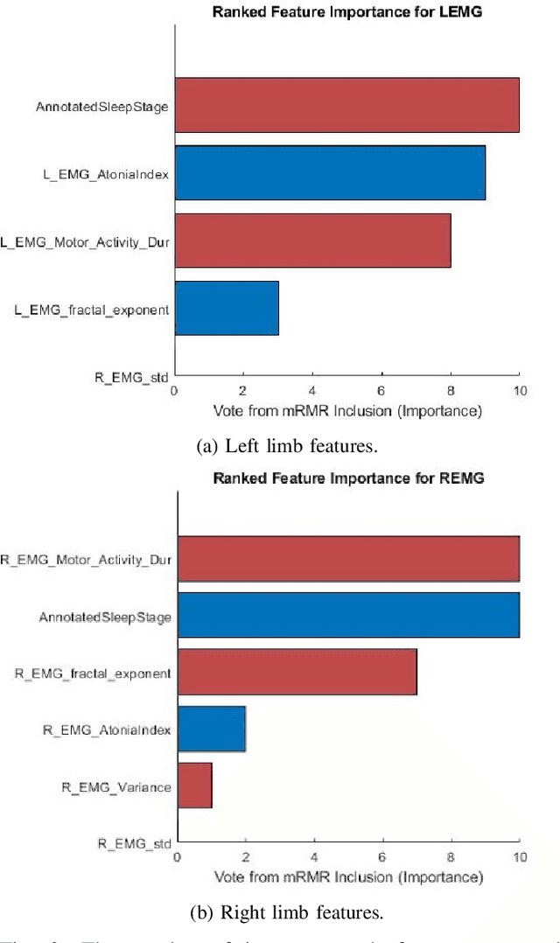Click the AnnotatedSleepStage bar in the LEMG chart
click(x=346, y=105)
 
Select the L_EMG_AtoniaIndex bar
click(x=330, y=172)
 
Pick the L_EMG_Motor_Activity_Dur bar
click(x=312, y=241)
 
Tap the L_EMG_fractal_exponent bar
click(x=227, y=308)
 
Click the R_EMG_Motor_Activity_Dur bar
click(x=348, y=556)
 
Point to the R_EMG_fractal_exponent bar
click(x=297, y=673)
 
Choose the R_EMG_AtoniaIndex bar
click(x=211, y=728)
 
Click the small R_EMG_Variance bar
click(x=194, y=785)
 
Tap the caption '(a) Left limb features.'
click(x=287, y=446)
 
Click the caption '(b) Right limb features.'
click(x=287, y=913)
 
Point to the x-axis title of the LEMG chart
click(x=346, y=409)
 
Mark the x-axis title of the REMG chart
click(x=348, y=876)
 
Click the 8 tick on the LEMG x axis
click(x=451, y=390)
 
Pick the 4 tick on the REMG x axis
click(x=314, y=856)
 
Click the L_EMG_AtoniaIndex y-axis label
click(x=106, y=173)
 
